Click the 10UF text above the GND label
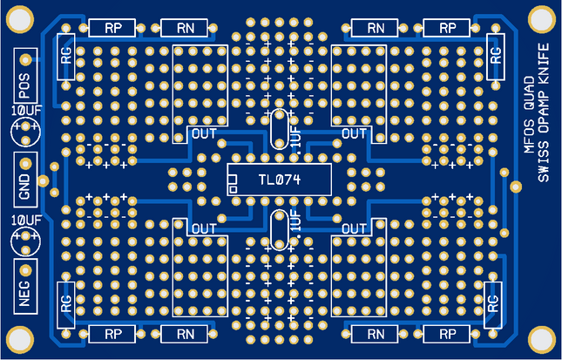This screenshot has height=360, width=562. point(26,112)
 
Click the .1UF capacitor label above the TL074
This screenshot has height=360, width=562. point(297,140)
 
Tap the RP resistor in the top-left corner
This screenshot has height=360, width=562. point(113,28)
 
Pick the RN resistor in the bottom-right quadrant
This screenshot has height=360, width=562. point(376,334)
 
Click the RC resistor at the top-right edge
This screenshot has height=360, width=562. point(495,56)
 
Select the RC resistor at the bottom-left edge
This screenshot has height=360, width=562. point(66,304)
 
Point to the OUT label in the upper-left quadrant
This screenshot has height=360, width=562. point(203,133)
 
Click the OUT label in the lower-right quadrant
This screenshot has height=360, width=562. point(355,228)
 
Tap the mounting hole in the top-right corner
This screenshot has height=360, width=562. point(541,17)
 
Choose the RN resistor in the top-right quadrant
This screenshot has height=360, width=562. point(376,28)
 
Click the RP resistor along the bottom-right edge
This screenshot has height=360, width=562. point(448,334)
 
